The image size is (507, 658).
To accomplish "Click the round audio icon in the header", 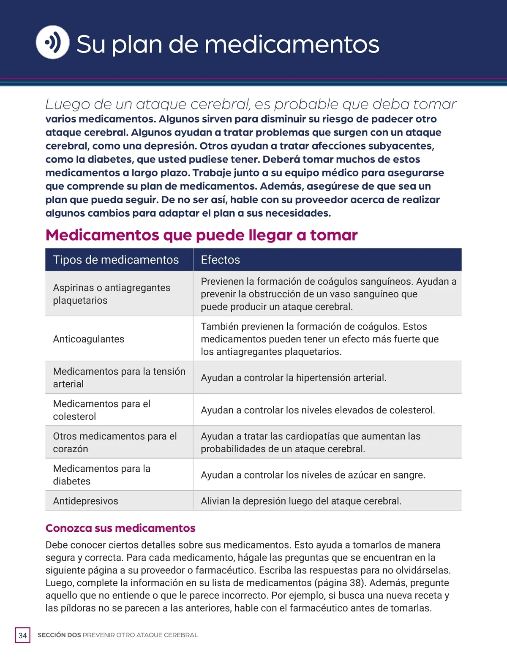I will coord(53,42).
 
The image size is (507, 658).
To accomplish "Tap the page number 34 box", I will coord(23,635).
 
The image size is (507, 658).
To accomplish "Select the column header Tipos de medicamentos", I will coord(116,260).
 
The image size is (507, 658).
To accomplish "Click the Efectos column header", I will coord(220,260).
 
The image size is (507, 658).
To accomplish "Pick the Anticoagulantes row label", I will coord(89,339).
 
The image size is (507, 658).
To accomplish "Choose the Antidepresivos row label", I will coord(86,501).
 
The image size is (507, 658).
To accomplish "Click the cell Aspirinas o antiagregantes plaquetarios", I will coord(112,294).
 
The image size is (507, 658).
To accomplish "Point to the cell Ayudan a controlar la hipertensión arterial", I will coord(294,378).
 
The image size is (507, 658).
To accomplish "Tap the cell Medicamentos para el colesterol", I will coord(101,410).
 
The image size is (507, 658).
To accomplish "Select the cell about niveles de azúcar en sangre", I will coord(313,475).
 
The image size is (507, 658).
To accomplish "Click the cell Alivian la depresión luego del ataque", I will coord(301,501).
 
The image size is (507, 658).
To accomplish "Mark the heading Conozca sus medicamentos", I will coord(120,528).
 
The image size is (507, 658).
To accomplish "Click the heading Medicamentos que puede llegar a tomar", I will coord(202,235).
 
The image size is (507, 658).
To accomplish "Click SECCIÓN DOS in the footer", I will coord(59,635).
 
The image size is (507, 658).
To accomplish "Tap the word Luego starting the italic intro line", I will coord(66,104).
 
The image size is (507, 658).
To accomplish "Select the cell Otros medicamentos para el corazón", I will coord(114,442).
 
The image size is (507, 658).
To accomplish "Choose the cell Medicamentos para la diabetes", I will coord(101,475).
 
